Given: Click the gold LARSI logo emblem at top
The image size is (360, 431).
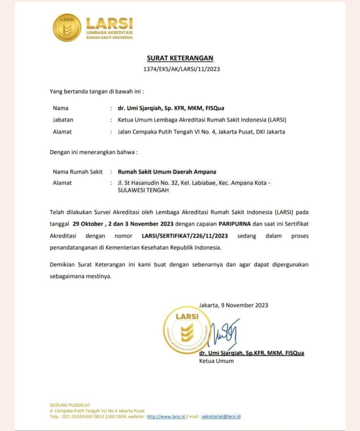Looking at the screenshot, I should [67, 27].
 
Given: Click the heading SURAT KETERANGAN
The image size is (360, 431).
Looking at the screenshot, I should [180, 58].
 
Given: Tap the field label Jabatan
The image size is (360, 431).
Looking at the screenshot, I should [63, 120].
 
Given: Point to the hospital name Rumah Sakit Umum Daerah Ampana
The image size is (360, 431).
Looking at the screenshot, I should [167, 171].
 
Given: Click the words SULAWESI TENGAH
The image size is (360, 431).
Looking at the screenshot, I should [143, 190].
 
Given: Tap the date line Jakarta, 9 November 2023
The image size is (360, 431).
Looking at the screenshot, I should [234, 305].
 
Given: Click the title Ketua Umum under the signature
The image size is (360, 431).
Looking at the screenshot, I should [216, 361].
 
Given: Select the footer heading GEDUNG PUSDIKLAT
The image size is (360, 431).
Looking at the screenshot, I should [70, 405].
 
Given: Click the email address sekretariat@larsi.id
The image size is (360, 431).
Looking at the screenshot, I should [221, 416].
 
